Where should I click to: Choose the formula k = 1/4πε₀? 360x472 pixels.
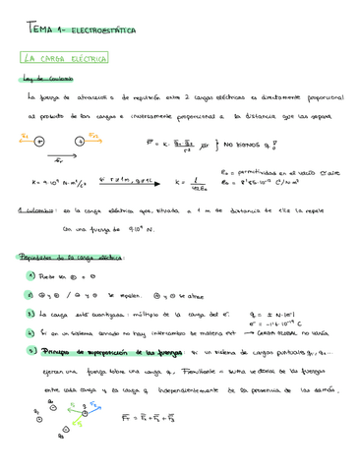(192, 182)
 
